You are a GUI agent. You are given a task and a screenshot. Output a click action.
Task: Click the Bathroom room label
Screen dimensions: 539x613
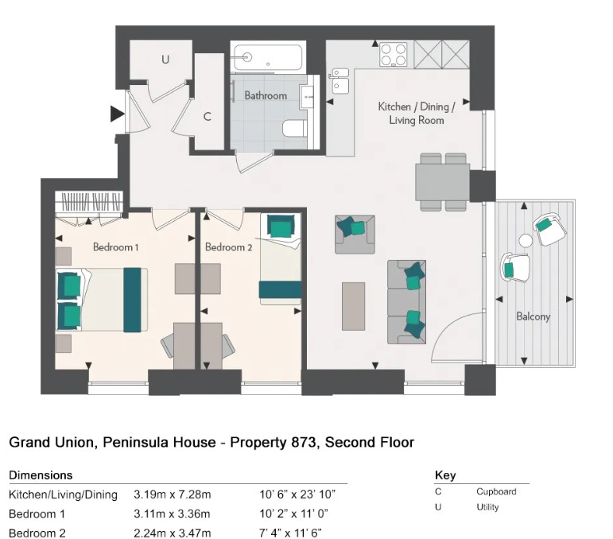coord(266,95)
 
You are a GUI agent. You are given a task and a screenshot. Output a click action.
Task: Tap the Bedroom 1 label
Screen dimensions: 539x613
coord(115,247)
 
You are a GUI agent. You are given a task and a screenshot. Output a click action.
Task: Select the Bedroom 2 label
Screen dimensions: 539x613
coord(229,247)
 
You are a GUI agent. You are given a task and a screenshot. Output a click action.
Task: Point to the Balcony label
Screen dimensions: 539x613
coord(533,316)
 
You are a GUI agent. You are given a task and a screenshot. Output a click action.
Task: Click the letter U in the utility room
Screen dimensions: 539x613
coord(165,60)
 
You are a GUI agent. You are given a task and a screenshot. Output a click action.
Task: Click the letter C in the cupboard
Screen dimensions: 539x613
coord(207,117)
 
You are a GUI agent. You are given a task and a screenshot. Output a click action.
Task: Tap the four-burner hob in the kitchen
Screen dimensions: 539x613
coord(393,54)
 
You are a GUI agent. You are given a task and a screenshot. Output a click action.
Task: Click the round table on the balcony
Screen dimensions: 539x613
coord(526,241)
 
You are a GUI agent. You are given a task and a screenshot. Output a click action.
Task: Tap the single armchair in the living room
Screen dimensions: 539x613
coord(354,234)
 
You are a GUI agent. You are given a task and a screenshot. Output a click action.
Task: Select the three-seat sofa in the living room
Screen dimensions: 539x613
coord(406,301)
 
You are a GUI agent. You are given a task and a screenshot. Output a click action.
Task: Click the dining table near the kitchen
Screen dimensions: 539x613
coord(443,181)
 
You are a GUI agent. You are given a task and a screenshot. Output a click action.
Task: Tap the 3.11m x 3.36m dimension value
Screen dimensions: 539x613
coord(173,514)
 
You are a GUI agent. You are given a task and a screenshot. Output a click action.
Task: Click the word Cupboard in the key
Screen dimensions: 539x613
coord(496,491)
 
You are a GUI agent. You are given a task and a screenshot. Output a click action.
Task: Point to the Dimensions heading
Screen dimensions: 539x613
coord(41,475)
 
